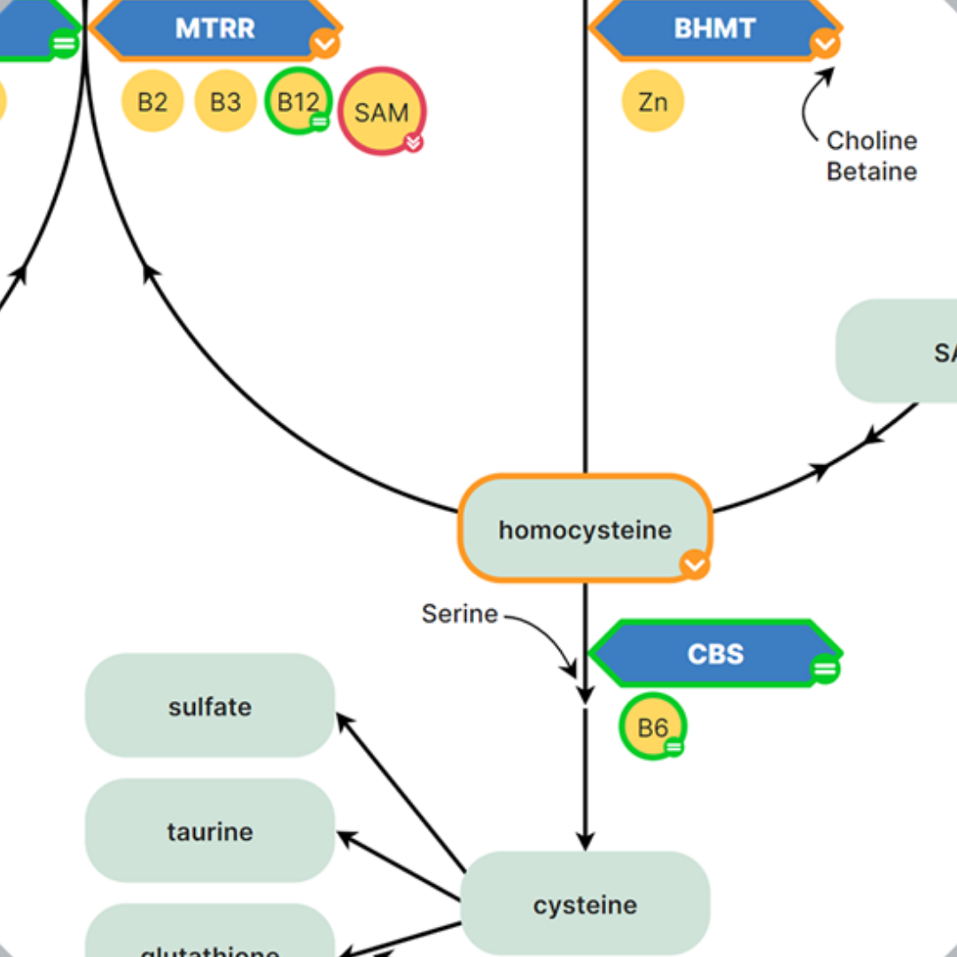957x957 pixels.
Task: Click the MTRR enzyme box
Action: coord(214,28)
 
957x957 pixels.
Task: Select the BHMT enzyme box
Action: coord(714,28)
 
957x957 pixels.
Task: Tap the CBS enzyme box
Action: coord(714,654)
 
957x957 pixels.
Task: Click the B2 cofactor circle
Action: coord(152,102)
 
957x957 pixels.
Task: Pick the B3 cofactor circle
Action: coord(225,102)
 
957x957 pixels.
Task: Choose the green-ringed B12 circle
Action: coord(298,101)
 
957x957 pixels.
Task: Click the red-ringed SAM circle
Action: coord(382,112)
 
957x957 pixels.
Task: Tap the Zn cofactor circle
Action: coord(653,102)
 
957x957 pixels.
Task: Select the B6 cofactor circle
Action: coord(653,727)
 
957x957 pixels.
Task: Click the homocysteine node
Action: coord(585,529)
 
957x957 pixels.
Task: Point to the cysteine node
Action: coord(585,905)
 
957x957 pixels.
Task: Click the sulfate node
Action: coord(210,706)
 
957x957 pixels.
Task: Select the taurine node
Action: coord(210,831)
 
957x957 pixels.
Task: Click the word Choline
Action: coord(871,141)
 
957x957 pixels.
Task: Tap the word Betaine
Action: coord(871,171)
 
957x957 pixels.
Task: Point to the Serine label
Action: coord(459,613)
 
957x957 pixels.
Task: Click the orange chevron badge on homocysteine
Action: coord(695,564)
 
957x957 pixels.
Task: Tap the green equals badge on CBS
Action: coord(825,669)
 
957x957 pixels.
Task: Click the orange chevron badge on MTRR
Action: coord(324,43)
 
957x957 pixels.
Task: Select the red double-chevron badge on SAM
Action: coord(413,142)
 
